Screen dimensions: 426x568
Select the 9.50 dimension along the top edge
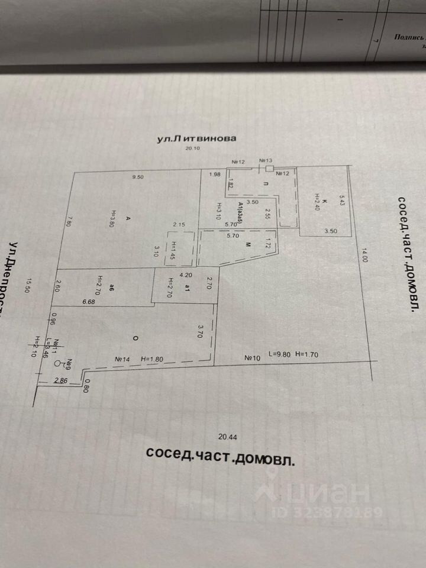pyautogui.click(x=138, y=176)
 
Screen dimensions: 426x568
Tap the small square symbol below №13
pyautogui.click(x=270, y=169)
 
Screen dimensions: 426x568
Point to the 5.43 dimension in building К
pyautogui.click(x=341, y=200)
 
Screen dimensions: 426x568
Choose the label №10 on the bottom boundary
pyautogui.click(x=253, y=357)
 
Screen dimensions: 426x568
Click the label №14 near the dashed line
pyautogui.click(x=122, y=359)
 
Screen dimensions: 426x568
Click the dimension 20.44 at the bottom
pyautogui.click(x=227, y=437)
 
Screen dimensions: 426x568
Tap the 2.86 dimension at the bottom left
pyautogui.click(x=60, y=381)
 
